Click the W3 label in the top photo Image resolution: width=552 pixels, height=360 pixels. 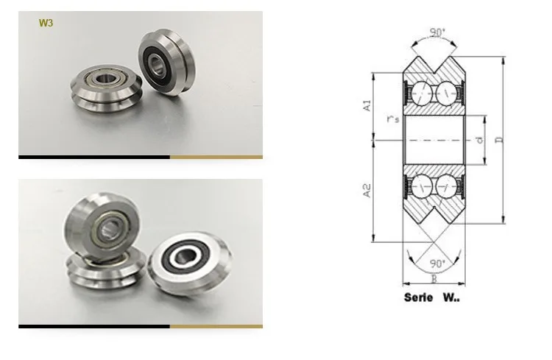click(x=45, y=23)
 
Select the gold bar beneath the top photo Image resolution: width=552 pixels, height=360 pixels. click(x=216, y=157)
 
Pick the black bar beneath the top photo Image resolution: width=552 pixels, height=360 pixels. click(x=93, y=157)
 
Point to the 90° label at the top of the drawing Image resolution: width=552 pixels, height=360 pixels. click(x=437, y=33)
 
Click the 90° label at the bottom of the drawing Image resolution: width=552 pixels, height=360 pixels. click(x=437, y=263)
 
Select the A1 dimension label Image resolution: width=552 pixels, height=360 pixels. click(x=367, y=105)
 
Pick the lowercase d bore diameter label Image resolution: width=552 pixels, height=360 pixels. click(x=479, y=139)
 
